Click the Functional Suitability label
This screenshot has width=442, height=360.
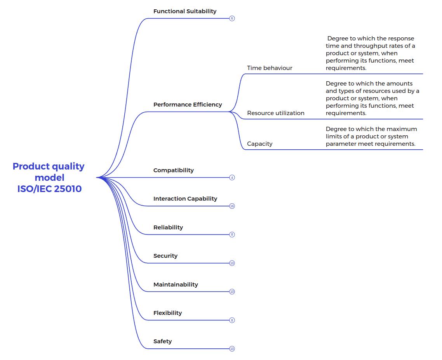[185, 11]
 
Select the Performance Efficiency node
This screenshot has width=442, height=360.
[188, 105]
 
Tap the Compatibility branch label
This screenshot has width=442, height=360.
[173, 170]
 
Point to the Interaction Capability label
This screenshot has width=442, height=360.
[185, 199]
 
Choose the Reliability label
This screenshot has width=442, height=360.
[168, 227]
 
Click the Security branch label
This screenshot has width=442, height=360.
[165, 256]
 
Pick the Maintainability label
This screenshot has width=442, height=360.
[176, 285]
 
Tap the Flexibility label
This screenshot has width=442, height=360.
[167, 313]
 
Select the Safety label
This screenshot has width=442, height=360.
[162, 341]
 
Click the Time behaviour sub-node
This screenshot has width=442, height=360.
[270, 68]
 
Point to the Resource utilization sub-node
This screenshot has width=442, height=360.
[276, 113]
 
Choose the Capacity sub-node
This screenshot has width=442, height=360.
[259, 144]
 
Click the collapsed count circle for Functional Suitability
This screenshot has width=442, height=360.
[232, 18]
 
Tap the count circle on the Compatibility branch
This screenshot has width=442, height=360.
[232, 178]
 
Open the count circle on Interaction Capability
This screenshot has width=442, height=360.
[232, 206]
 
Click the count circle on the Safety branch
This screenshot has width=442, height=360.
[232, 349]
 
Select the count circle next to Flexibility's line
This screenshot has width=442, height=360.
[232, 320]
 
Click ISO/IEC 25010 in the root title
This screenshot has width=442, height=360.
[49, 189]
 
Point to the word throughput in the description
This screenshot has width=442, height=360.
[371, 46]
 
